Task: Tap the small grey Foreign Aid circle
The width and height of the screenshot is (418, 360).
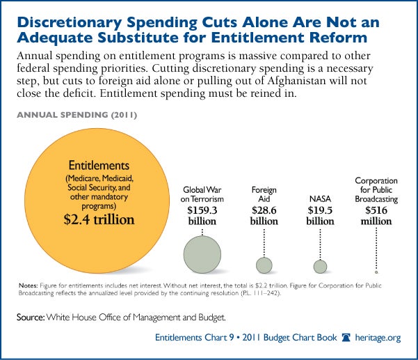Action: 264,265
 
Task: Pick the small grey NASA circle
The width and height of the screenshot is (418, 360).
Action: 320,266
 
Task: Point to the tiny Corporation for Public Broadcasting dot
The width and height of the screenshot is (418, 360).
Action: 376,272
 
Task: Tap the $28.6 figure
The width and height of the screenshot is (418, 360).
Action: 264,210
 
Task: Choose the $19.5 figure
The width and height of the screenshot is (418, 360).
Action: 320,210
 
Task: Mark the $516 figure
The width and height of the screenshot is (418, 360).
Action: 376,210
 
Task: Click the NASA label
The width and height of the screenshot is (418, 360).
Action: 320,198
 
